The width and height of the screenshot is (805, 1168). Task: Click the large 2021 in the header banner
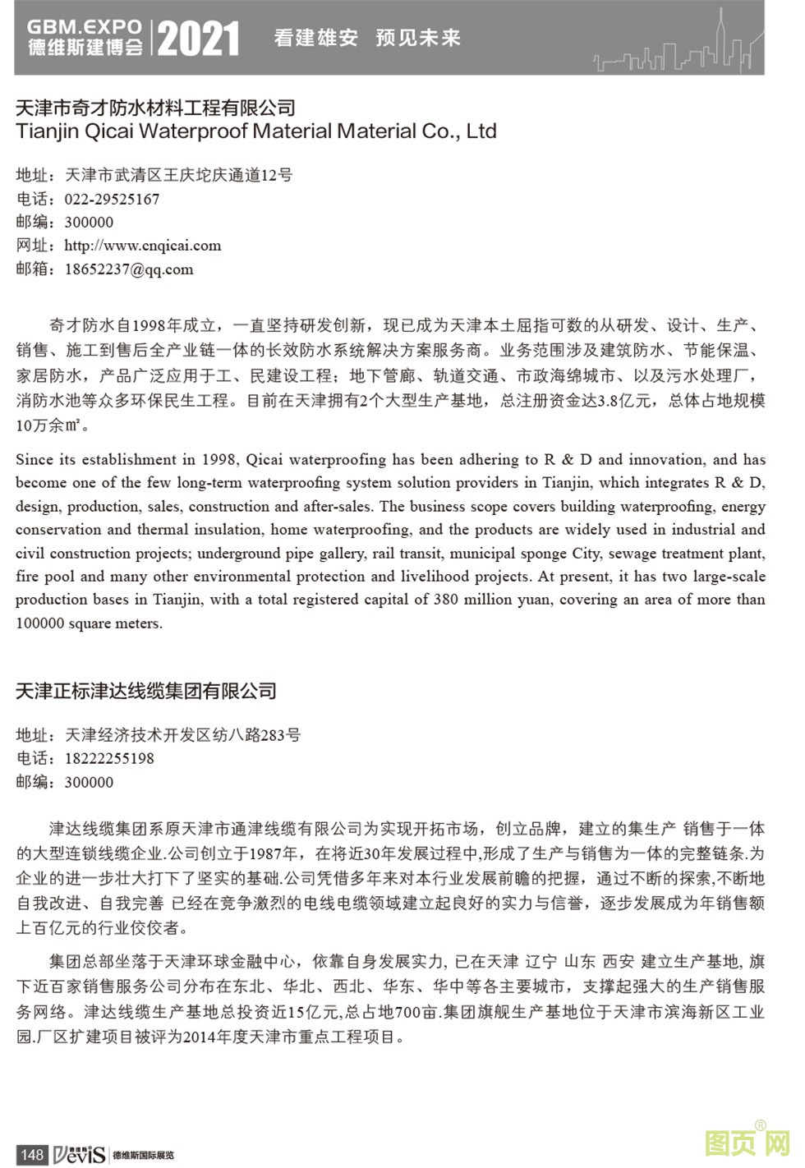[198, 39]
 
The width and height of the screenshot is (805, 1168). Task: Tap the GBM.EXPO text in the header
[85, 27]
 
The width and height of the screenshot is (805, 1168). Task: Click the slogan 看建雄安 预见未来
[366, 38]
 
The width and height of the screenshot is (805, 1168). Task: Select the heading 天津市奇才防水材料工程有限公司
[155, 108]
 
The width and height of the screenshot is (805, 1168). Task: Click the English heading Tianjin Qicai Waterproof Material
[255, 131]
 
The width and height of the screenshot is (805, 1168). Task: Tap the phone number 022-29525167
[112, 199]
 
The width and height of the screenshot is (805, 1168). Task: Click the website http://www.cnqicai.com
[142, 246]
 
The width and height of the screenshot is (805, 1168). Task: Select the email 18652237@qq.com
[129, 269]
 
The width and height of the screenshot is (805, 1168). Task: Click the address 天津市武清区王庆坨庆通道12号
[178, 175]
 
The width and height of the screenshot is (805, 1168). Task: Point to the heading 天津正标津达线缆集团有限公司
[146, 691]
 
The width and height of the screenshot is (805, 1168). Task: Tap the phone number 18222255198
[109, 758]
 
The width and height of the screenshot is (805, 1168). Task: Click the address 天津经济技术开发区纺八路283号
[182, 735]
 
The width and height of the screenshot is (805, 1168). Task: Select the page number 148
[31, 1154]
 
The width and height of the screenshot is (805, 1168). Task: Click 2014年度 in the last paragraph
[215, 1037]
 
